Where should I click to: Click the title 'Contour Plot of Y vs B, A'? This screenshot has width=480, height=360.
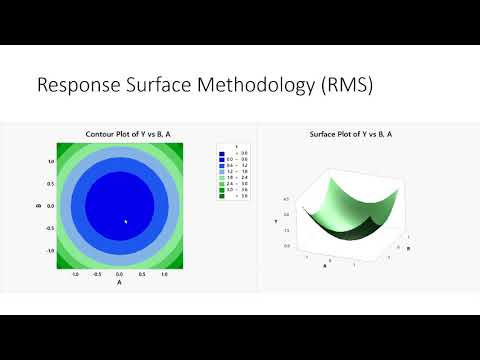pyautogui.click(x=119, y=135)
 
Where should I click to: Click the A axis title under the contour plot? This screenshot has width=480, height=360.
pyautogui.click(x=119, y=282)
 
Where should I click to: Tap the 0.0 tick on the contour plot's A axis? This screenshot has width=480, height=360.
pyautogui.click(x=119, y=273)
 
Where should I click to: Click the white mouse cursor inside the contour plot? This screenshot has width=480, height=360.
pyautogui.click(x=125, y=221)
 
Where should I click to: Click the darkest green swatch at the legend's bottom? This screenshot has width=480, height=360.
pyautogui.click(x=224, y=197)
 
